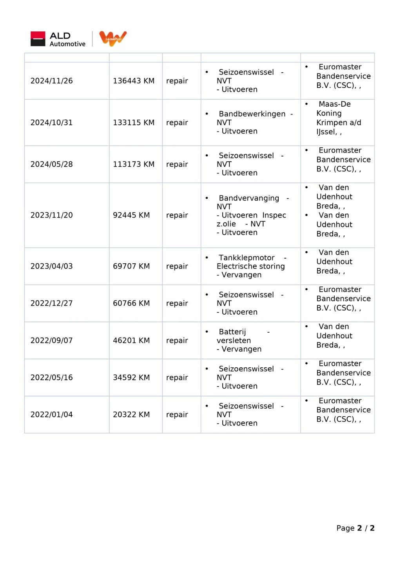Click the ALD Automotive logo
click(58, 39)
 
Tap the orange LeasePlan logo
click(113, 38)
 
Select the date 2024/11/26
click(52, 81)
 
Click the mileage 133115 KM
click(134, 122)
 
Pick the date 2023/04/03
click(52, 266)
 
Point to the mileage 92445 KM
click(131, 215)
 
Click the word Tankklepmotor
click(247, 258)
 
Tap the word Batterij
click(232, 332)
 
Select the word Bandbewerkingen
click(252, 114)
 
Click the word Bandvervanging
click(249, 198)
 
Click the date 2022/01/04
click(52, 414)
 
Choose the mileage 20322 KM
click(131, 414)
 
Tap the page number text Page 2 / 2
click(355, 528)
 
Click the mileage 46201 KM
click(131, 340)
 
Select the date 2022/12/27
click(52, 303)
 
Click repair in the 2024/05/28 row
click(177, 164)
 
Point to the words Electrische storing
click(251, 266)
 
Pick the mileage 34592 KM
click(131, 377)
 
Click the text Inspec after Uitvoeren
click(274, 215)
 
